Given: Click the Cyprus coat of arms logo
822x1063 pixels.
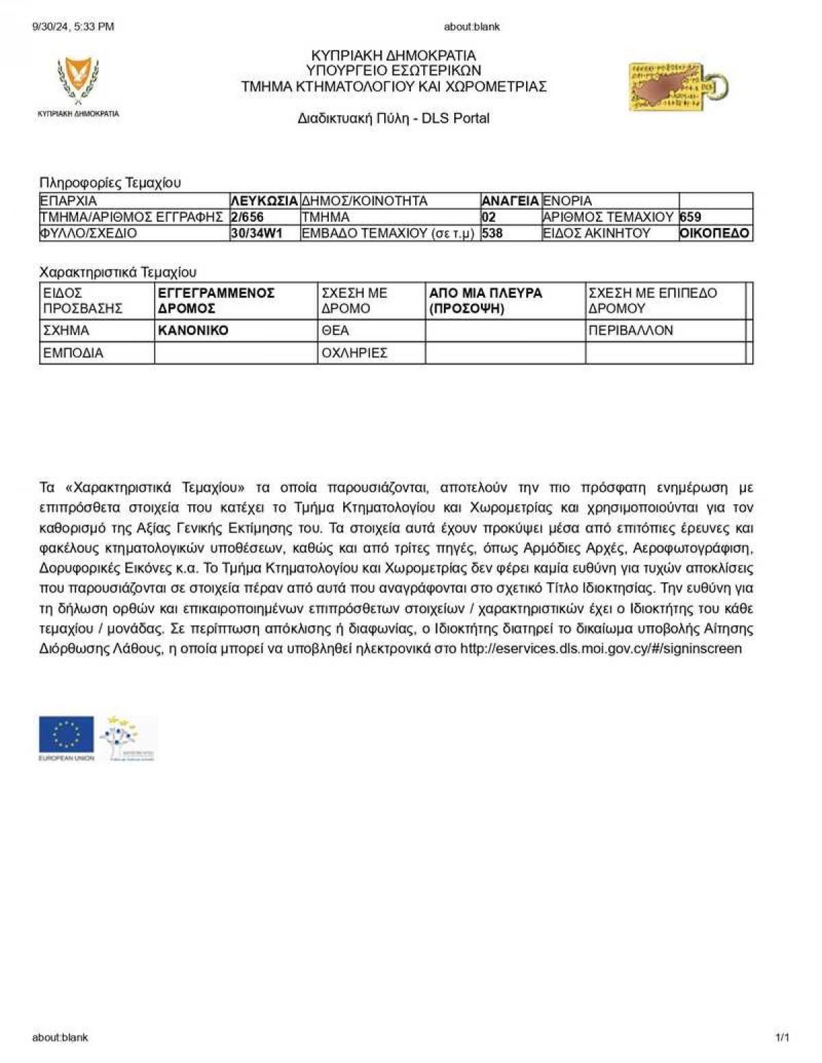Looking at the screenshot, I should pyautogui.click(x=78, y=81).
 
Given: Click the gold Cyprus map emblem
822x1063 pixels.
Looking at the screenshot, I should pyautogui.click(x=677, y=87).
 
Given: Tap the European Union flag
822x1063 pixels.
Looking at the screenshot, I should pyautogui.click(x=66, y=735).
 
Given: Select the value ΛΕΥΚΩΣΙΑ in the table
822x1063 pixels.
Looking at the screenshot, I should pyautogui.click(x=264, y=201).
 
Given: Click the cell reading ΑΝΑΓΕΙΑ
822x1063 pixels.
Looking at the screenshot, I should pyautogui.click(x=510, y=201).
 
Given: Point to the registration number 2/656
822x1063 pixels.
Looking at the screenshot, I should pyautogui.click(x=247, y=217).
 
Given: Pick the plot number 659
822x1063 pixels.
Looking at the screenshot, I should pyautogui.click(x=690, y=217).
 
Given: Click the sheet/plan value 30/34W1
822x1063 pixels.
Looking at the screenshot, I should pyautogui.click(x=256, y=233).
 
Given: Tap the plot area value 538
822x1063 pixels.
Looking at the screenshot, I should pyautogui.click(x=492, y=233).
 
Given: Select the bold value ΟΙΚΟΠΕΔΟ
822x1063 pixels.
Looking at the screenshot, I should pyautogui.click(x=714, y=233).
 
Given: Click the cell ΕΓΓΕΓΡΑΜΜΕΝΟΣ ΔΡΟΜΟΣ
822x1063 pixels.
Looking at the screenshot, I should pyautogui.click(x=216, y=301).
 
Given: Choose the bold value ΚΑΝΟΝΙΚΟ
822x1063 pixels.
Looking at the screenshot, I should pyautogui.click(x=193, y=330).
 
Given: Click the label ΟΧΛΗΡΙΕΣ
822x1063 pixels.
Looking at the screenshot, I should pyautogui.click(x=354, y=353).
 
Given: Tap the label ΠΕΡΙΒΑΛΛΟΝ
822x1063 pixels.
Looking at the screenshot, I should pyautogui.click(x=631, y=330).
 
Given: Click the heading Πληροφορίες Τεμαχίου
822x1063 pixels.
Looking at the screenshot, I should pyautogui.click(x=110, y=183).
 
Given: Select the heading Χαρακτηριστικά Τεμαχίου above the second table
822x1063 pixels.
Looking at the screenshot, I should pyautogui.click(x=118, y=272).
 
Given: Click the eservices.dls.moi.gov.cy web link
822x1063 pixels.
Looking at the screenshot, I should pyautogui.click(x=601, y=649).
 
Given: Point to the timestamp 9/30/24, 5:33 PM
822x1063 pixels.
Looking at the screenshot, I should pyautogui.click(x=73, y=27).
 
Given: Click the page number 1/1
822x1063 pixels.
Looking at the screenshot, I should pyautogui.click(x=782, y=1038).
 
